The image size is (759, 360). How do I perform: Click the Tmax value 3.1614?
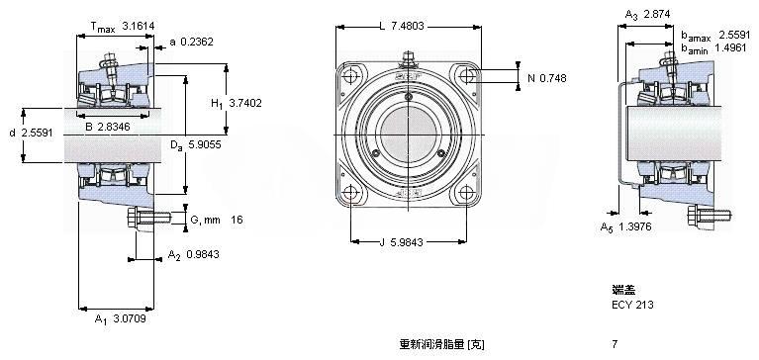coord(139,26)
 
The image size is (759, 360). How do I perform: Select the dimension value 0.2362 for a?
coord(197,43)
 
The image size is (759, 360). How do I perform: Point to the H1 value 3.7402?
coord(245,103)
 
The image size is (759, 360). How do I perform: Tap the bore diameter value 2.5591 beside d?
coord(38,133)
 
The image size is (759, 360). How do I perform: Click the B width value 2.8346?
coord(114,128)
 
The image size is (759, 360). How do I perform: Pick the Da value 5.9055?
coord(204,144)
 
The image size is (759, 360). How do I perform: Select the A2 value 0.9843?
coord(202,254)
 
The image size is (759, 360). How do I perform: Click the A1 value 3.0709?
coord(130,318)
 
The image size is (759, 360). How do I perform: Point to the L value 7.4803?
coord(407,26)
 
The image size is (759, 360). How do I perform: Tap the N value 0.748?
coord(553,78)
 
